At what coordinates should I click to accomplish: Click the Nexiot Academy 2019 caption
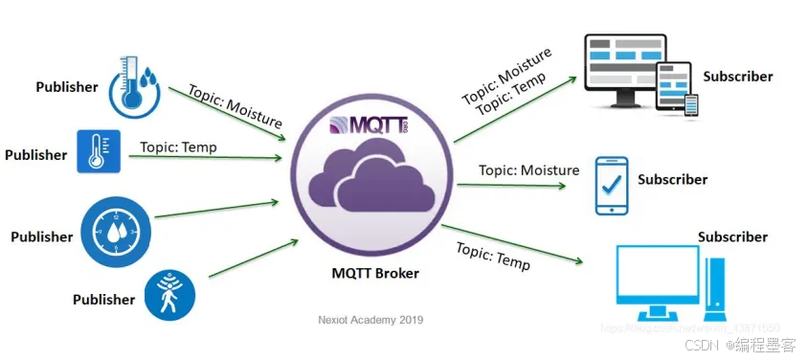click(370, 320)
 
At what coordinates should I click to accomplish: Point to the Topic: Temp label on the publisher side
click(178, 147)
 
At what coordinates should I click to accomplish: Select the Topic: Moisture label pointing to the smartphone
click(529, 170)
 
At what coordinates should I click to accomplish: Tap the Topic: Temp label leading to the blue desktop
click(493, 255)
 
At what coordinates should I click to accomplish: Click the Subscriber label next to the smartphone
click(672, 179)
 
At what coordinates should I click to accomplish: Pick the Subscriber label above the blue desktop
click(732, 236)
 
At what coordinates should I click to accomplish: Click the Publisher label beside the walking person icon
click(103, 299)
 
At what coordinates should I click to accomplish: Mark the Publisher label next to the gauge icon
click(42, 236)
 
